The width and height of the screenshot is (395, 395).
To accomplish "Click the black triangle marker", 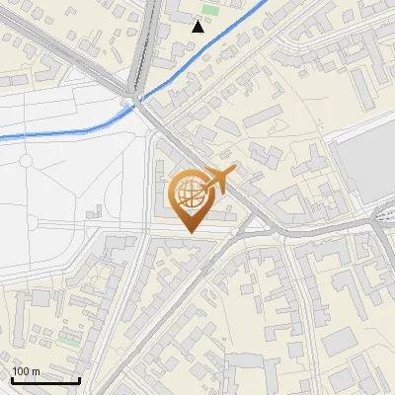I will (x=198, y=27).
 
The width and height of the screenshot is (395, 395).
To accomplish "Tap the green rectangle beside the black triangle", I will (x=209, y=10).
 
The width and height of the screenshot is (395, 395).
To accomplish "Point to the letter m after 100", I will (x=35, y=371).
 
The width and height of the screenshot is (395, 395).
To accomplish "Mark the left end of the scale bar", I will (x=12, y=380).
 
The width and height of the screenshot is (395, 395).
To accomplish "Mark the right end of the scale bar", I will (x=79, y=380).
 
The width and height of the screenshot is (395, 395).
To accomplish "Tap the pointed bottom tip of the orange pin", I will (x=192, y=233).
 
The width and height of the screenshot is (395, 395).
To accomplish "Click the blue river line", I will (x=59, y=130).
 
